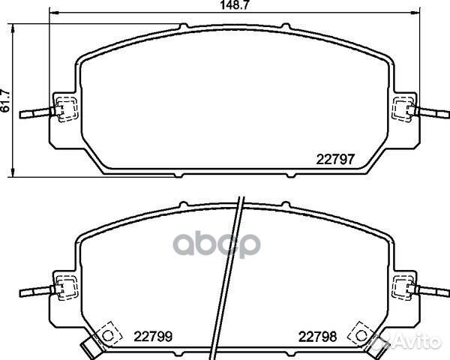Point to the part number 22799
click(x=154, y=335)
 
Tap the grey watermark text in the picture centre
click(x=225, y=243)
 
